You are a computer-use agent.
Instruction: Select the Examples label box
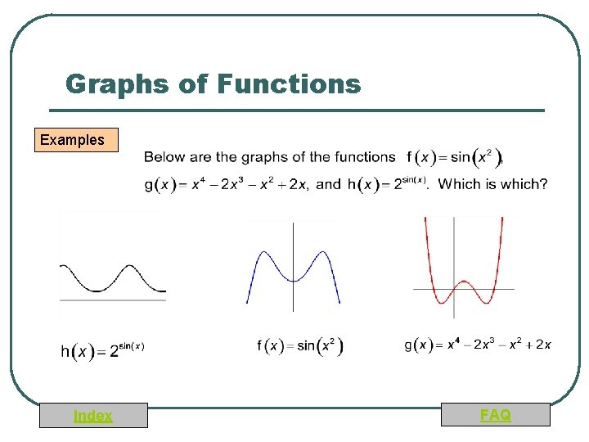click(x=72, y=140)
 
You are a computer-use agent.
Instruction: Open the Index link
click(x=93, y=416)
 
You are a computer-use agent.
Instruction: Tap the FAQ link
click(x=495, y=415)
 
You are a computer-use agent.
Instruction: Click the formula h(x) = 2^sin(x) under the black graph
click(x=103, y=350)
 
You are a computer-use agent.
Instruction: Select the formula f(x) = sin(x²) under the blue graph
click(x=300, y=346)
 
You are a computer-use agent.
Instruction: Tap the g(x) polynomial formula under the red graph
click(x=478, y=345)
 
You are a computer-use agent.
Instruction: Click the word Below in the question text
click(x=164, y=157)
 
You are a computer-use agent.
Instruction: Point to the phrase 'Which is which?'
click(x=493, y=184)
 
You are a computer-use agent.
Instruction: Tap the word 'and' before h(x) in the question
click(x=328, y=184)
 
